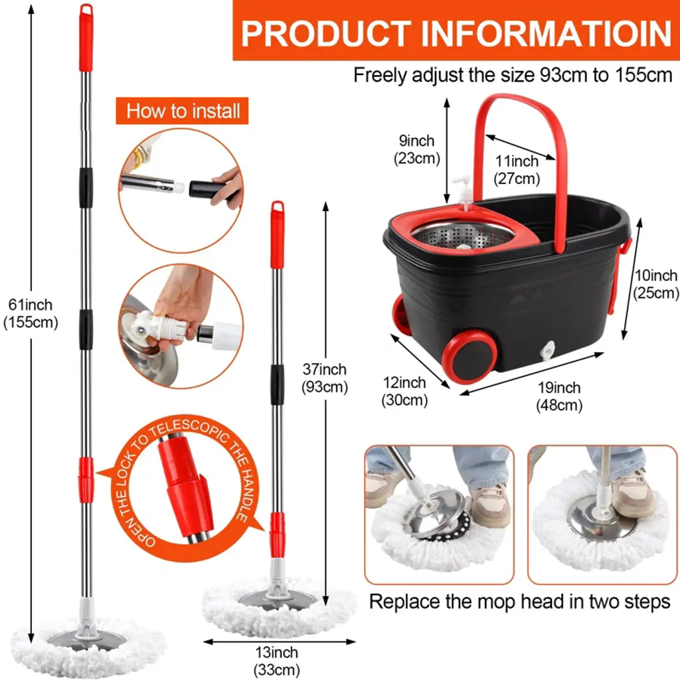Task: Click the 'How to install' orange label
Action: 182,111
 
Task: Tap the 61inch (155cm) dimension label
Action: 31,313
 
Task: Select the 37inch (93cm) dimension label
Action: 324,378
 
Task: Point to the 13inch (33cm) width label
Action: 277,661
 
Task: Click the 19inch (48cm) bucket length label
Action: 559,396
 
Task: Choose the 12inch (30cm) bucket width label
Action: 404,391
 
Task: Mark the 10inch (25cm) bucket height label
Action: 655,284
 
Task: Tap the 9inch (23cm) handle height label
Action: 417,149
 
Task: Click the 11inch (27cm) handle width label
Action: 517,169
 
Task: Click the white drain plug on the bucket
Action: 547,351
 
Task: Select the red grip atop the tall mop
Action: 86,37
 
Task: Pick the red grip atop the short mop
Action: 278,234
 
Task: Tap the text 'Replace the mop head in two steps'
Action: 519,602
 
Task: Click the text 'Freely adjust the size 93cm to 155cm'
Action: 513,75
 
